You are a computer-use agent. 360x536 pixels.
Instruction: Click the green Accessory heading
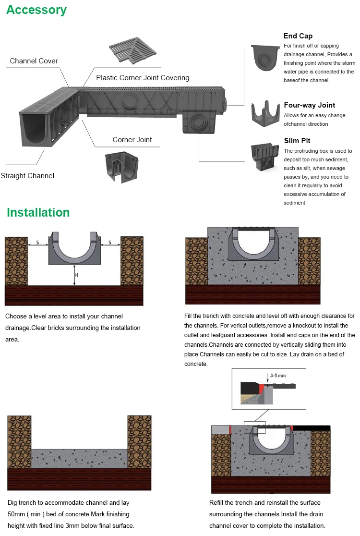click(36, 10)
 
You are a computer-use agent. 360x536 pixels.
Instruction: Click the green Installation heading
click(38, 213)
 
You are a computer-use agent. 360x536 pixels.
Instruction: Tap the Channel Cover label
click(34, 61)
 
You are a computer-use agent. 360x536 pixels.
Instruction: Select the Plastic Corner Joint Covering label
click(143, 78)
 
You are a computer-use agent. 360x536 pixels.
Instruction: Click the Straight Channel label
click(27, 176)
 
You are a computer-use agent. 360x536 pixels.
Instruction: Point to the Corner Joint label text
click(132, 140)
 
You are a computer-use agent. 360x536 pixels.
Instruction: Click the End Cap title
click(298, 36)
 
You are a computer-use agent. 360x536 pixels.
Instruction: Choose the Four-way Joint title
click(309, 105)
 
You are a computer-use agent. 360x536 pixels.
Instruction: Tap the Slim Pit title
click(297, 141)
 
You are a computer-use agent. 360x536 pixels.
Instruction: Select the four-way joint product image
click(265, 111)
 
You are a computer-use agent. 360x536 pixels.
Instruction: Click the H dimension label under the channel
click(76, 275)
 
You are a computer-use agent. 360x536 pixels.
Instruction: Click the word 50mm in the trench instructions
click(16, 514)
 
